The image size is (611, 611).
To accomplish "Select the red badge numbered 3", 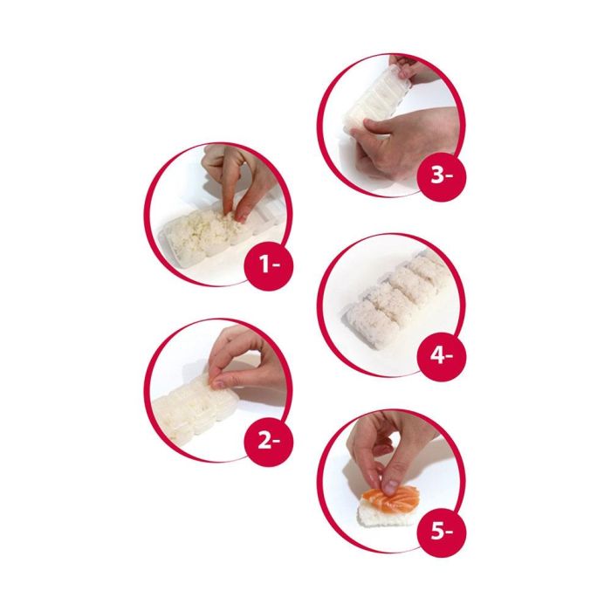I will (x=442, y=175).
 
